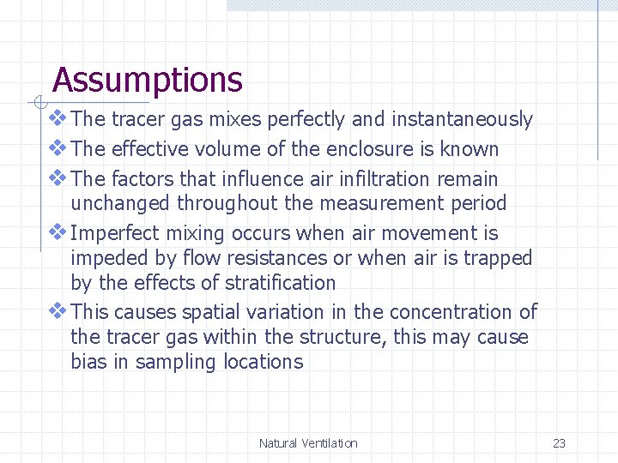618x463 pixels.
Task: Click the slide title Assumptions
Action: (147, 81)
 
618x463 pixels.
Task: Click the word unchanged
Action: (121, 203)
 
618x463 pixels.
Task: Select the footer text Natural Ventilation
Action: (308, 443)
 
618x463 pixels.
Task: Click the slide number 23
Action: (559, 443)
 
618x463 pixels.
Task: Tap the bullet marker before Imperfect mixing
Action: (58, 232)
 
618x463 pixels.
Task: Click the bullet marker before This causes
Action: (58, 311)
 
